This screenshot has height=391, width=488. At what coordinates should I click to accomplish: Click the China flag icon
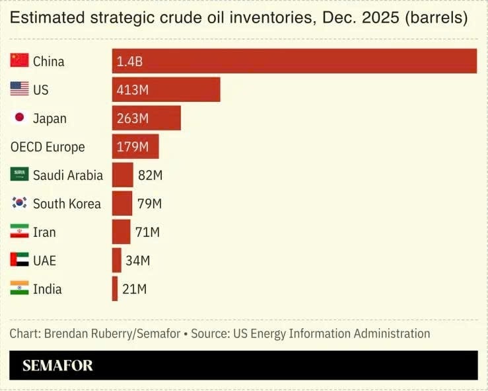[19, 60]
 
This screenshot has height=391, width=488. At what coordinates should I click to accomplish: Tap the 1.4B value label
[130, 62]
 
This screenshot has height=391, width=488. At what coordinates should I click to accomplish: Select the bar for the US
[166, 89]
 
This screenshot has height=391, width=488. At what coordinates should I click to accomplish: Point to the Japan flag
[19, 117]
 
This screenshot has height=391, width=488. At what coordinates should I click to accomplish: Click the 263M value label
[133, 118]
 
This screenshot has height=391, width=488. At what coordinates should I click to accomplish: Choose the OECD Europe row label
[48, 147]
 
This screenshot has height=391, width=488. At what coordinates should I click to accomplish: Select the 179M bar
[135, 147]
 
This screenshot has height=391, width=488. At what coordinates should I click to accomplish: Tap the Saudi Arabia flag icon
[19, 174]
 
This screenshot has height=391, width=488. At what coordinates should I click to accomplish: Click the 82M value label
[151, 175]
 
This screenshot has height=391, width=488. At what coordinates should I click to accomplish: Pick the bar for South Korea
[122, 203]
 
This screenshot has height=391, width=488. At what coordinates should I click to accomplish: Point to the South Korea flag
[19, 202]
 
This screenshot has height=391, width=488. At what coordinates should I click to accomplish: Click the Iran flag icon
[19, 231]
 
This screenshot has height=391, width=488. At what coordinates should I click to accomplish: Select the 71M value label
[147, 232]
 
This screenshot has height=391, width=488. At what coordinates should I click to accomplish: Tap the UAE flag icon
[19, 259]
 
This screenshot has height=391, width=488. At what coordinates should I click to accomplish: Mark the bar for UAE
[117, 261]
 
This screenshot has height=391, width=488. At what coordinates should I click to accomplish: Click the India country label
[48, 289]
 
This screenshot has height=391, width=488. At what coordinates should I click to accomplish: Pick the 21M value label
[135, 289]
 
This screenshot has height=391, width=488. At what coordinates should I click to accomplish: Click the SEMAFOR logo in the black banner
[57, 365]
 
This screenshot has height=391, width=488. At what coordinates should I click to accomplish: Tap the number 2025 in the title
[380, 17]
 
